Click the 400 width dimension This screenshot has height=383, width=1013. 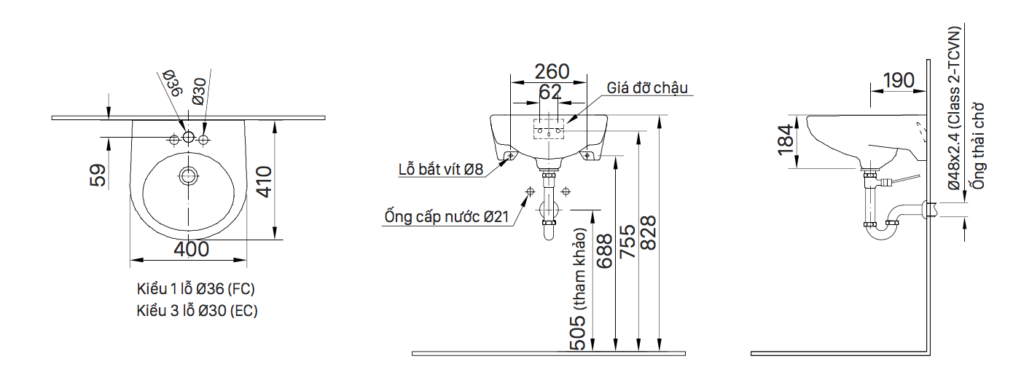tap(192, 249)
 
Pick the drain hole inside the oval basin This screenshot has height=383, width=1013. tap(189, 175)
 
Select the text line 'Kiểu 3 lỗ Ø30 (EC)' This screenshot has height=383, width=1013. tap(197, 311)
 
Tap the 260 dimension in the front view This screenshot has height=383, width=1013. tap(552, 71)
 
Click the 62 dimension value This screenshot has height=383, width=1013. tap(550, 92)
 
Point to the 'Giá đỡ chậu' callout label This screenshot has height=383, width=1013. tap(647, 88)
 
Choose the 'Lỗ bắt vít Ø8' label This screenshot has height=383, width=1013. tap(440, 170)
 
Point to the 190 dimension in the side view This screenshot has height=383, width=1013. tap(899, 79)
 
